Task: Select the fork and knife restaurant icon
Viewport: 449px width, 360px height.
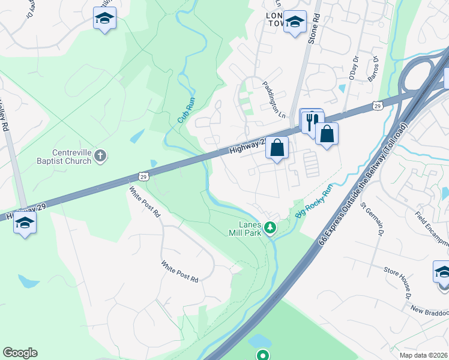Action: [310, 122]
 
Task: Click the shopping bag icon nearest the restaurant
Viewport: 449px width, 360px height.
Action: [327, 134]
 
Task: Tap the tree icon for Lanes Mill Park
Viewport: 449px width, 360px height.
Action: [270, 227]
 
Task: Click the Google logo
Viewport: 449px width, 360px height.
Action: [20, 353]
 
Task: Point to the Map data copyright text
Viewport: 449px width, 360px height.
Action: [424, 355]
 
